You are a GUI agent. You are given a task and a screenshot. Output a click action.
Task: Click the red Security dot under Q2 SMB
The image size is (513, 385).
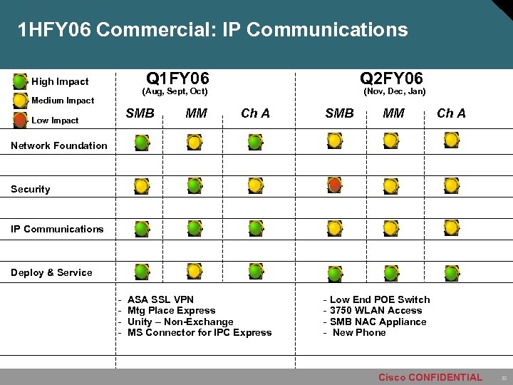click(335, 185)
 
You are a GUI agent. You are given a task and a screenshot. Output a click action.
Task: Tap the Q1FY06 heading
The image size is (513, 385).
click(177, 78)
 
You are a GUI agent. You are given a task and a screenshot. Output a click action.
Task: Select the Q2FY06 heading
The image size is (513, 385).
click(391, 78)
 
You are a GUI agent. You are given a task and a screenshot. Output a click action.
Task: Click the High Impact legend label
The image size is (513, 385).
click(60, 81)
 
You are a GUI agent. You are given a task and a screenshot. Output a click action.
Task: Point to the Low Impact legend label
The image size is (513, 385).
click(55, 120)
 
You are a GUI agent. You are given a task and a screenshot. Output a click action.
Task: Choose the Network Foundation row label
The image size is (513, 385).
click(59, 145)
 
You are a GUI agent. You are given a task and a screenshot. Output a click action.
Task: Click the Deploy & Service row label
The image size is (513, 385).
click(51, 272)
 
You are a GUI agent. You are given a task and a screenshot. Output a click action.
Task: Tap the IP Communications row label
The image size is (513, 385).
click(57, 229)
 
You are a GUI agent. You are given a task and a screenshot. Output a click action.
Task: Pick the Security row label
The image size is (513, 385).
click(31, 189)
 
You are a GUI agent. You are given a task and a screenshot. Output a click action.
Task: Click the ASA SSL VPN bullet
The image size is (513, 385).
click(160, 299)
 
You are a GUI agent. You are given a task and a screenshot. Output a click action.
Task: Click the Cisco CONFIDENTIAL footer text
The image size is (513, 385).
click(430, 377)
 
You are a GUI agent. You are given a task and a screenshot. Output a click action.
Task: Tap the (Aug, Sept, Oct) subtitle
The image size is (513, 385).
click(175, 91)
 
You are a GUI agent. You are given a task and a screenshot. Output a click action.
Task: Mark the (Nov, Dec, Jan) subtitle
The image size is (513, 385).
click(395, 91)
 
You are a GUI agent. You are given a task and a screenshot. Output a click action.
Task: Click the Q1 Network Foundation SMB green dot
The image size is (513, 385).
click(142, 143)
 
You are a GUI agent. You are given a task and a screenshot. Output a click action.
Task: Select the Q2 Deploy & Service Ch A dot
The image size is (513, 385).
click(451, 272)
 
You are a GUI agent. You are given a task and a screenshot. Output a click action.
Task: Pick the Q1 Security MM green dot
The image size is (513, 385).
click(194, 185)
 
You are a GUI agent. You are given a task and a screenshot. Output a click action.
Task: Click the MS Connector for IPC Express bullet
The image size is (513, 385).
click(199, 332)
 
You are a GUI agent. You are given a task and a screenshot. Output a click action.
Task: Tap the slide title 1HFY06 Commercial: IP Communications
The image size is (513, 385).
click(213, 30)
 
